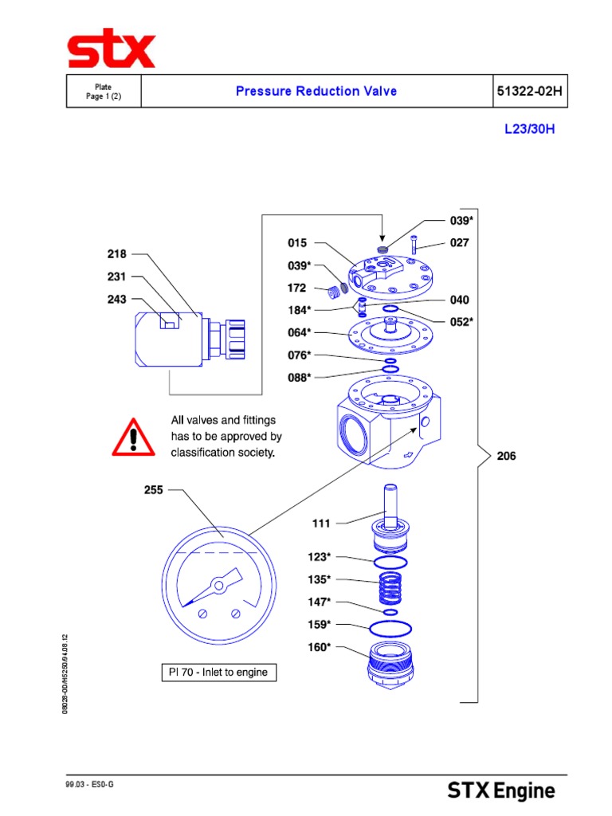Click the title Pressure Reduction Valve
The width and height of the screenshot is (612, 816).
point(316,91)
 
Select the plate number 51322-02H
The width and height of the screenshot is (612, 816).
point(530,91)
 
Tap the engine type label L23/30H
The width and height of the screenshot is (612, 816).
point(529,130)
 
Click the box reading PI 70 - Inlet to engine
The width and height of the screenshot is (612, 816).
point(218,673)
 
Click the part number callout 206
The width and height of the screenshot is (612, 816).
point(506,457)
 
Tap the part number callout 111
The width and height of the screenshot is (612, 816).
point(321,524)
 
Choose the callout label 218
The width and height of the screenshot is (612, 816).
point(116,254)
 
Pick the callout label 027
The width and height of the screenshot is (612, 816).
point(460,243)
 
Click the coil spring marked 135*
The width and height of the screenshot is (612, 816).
point(388,589)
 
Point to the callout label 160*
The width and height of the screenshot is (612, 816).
point(319,647)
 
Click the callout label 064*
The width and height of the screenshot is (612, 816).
point(299,331)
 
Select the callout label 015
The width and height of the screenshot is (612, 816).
point(297,243)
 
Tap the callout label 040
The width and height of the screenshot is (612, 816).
point(460,300)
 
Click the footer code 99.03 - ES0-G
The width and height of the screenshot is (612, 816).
point(90,785)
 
